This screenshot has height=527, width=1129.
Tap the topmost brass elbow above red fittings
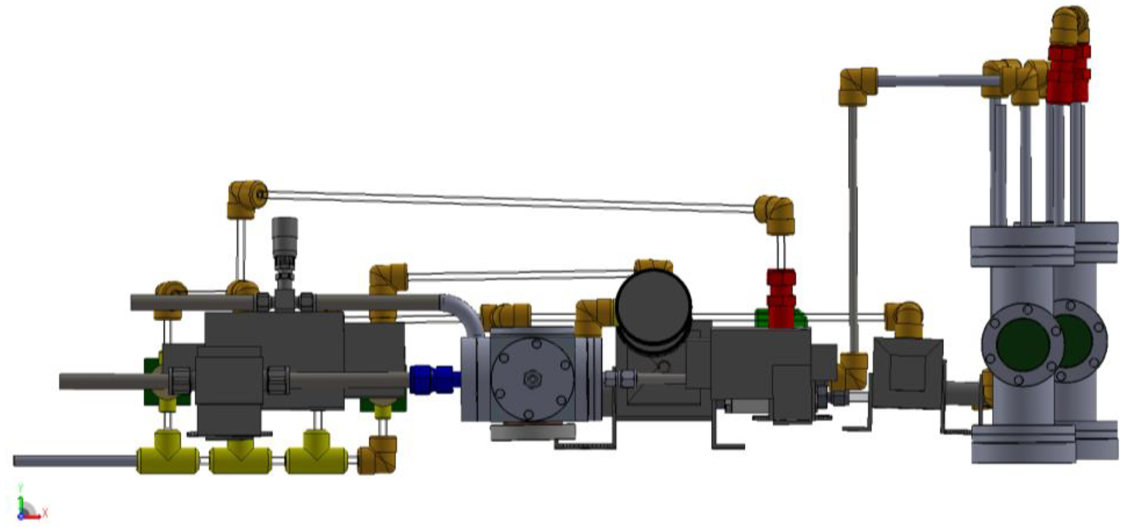coord(1069,26)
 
